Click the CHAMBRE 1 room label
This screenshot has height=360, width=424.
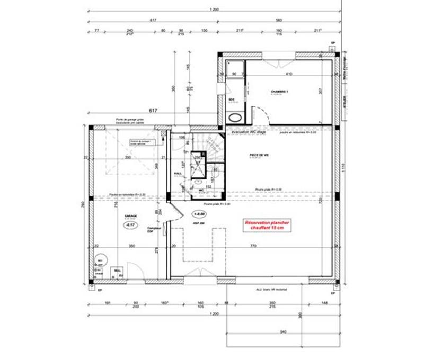[279, 92]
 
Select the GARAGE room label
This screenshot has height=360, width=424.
[130, 216]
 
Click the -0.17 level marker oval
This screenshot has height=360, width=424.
[129, 225]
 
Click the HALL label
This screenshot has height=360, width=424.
[178, 173]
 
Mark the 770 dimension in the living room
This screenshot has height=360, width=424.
[253, 246]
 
